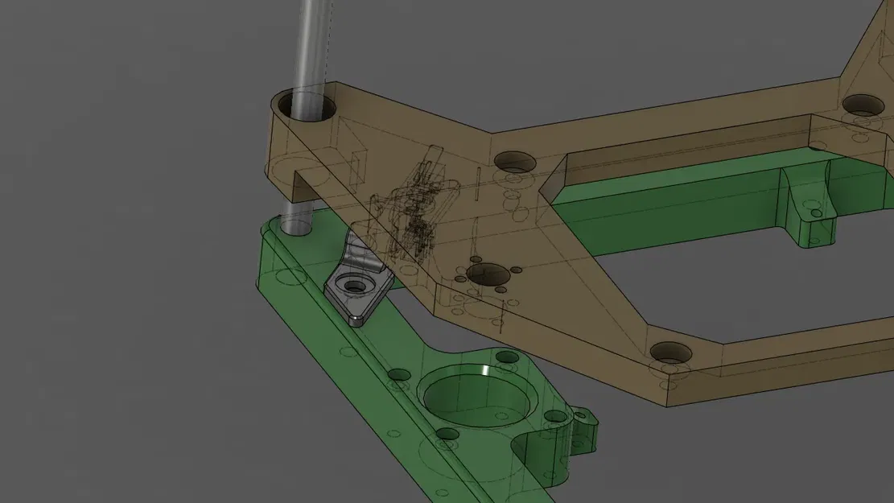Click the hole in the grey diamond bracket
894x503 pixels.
pyautogui.click(x=352, y=284)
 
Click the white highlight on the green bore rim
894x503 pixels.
pyautogui.click(x=486, y=369)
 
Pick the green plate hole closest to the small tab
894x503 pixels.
pyautogui.click(x=555, y=417)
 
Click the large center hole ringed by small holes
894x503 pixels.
pyautogui.click(x=488, y=274)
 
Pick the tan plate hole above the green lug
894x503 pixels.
pyautogui.click(x=862, y=105)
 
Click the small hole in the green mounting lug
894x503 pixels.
pyautogui.click(x=817, y=214)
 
